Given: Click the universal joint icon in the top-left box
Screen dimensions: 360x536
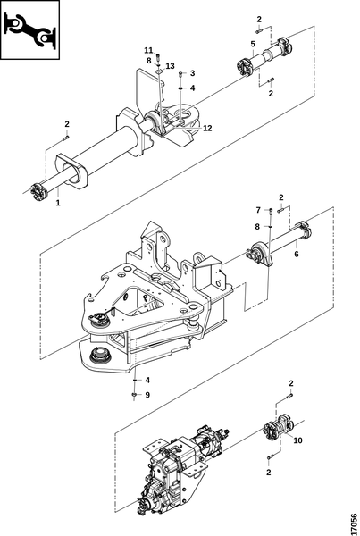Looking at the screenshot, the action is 30,29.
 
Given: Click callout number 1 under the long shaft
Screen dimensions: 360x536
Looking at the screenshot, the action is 58,203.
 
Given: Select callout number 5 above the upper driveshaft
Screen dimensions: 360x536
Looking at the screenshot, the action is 253,44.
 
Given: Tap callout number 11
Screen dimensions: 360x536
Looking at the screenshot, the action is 148,50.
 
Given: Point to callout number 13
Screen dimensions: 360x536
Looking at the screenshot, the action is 171,66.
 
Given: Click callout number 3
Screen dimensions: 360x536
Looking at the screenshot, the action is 192,73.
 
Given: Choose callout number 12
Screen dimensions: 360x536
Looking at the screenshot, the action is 207,128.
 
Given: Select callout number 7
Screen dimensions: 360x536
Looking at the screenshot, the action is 258,210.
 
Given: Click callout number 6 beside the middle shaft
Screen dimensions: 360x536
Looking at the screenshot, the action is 297,254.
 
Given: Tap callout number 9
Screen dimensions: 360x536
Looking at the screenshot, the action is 147,395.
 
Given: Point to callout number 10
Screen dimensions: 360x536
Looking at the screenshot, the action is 298,440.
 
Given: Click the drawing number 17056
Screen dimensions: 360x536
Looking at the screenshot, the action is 354,523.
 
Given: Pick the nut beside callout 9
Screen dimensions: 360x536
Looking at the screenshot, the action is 134,395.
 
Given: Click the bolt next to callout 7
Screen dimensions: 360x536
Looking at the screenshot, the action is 271,211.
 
